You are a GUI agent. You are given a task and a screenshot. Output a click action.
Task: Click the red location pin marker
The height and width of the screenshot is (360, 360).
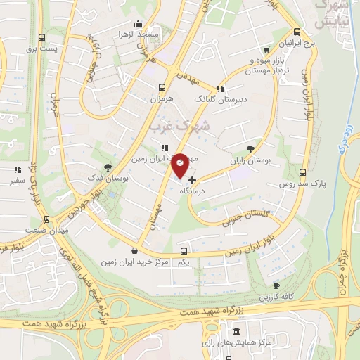pyautogui.click(x=181, y=164)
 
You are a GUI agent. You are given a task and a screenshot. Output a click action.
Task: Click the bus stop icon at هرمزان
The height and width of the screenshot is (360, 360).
pyautogui.click(x=163, y=88)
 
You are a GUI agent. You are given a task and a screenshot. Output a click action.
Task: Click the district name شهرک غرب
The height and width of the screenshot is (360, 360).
pyautogui.click(x=179, y=127)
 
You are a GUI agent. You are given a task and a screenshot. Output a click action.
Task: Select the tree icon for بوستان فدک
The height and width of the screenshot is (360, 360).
pyautogui.click(x=108, y=167)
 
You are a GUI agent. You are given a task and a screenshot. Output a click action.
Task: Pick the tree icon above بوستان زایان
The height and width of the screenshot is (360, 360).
pyautogui.click(x=251, y=148)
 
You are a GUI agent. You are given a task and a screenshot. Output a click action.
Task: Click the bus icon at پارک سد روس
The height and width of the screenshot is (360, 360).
pyautogui.click(x=303, y=172)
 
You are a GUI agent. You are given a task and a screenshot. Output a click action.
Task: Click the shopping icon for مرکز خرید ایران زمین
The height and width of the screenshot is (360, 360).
pyautogui.click(x=135, y=251)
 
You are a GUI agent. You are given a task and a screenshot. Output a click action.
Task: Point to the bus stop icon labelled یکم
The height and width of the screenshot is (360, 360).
pyautogui.click(x=184, y=251)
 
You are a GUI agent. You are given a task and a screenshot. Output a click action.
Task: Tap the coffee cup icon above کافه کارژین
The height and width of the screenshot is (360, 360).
pyautogui.click(x=276, y=285)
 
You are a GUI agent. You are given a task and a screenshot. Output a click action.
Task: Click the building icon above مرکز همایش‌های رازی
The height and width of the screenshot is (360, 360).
pyautogui.click(x=236, y=331)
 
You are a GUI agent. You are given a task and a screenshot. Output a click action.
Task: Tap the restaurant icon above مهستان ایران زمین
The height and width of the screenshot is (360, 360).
pyautogui.click(x=164, y=148)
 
